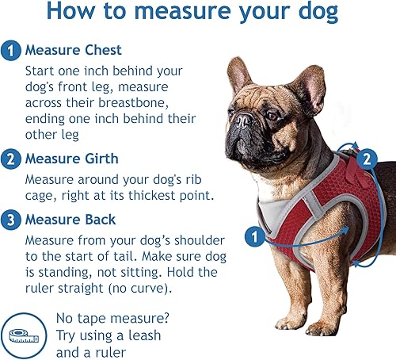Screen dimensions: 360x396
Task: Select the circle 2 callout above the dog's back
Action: coord(365,159)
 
